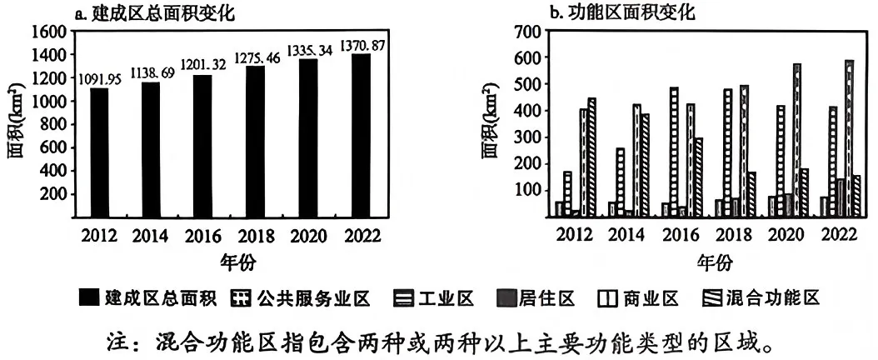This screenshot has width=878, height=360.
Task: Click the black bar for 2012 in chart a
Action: (98, 152)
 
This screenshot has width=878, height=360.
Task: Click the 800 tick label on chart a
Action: (55, 123)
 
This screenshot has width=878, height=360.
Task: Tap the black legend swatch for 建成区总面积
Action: (88, 298)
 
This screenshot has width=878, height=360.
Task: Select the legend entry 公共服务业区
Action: (301, 298)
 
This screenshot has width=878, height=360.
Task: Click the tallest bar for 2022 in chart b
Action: (849, 138)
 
